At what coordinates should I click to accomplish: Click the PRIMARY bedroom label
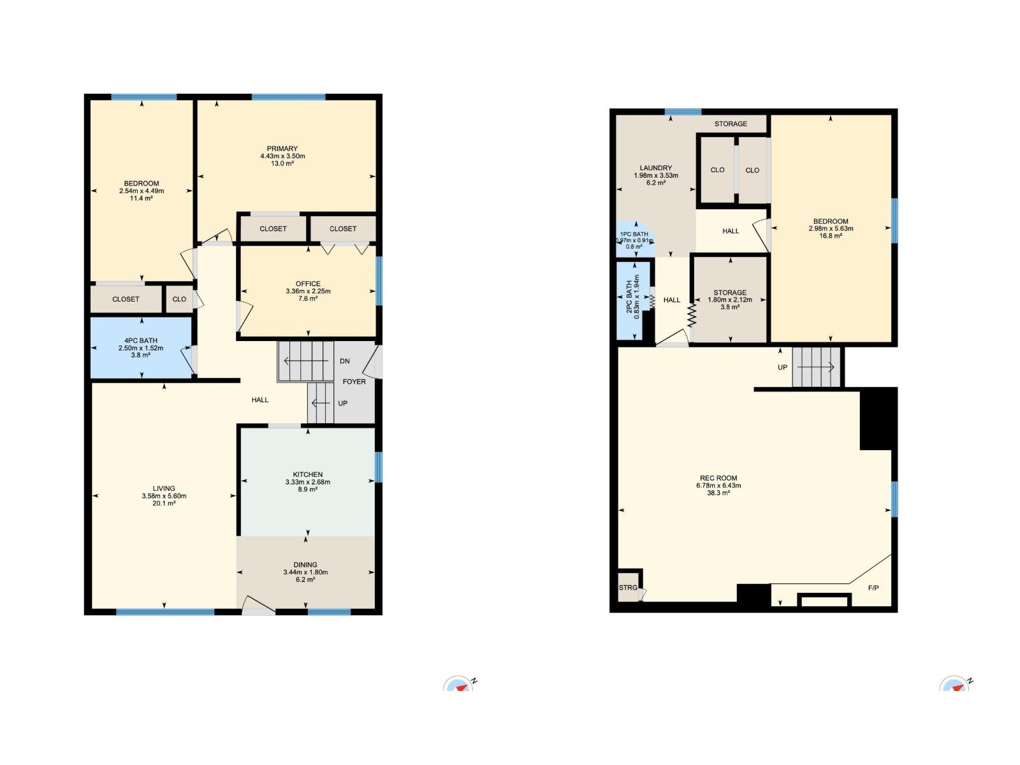[282, 149]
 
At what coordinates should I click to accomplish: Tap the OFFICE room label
[308, 284]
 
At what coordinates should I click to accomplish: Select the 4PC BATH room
[141, 347]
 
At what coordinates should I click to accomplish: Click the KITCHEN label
[307, 474]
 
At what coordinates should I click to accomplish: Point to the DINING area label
[305, 565]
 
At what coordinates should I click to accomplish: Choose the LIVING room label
[164, 488]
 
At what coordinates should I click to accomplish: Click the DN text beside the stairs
[345, 361]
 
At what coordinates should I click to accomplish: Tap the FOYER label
[354, 382]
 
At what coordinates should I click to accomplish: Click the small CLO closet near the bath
[180, 299]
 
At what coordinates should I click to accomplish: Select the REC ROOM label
[718, 478]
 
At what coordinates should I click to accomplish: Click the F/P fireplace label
[873, 588]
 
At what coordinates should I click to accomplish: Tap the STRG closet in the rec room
[628, 588]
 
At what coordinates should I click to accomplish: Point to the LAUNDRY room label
[656, 168]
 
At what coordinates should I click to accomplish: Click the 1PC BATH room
[635, 240]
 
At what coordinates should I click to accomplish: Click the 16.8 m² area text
[831, 236]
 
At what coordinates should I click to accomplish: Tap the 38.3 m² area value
[718, 493]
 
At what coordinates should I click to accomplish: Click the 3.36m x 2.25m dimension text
[308, 291]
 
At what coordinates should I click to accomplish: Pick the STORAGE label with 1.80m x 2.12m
[730, 293]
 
